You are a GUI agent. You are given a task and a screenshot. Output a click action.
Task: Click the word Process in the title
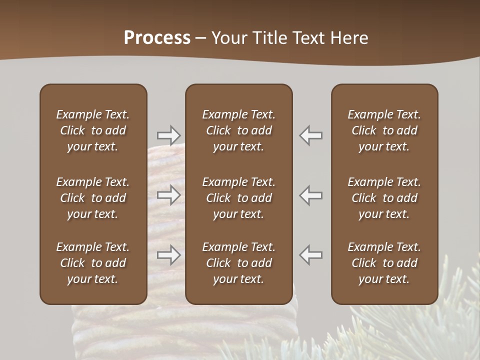coord(157,38)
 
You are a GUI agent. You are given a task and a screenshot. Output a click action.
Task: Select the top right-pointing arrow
coord(168,135)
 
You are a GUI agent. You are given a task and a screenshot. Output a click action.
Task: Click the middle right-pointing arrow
coord(168,195)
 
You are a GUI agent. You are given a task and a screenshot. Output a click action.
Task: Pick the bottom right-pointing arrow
coord(168,255)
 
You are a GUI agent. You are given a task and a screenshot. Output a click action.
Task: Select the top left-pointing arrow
coord(311,135)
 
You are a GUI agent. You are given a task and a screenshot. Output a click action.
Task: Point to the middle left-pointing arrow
coord(311,195)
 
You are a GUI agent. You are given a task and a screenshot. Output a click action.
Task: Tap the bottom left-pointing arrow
coord(311,255)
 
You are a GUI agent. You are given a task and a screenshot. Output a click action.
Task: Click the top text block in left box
coord(93,130)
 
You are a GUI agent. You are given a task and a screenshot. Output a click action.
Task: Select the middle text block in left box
coord(93,198)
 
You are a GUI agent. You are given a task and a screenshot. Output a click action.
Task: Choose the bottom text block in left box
coord(93,263)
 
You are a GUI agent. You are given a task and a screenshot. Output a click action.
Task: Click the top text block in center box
coord(238,130)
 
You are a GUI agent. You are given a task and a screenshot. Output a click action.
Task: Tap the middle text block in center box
coord(238,198)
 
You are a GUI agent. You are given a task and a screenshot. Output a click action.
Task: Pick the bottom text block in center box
coord(238,263)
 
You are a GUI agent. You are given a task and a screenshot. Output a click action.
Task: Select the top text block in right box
coord(384,130)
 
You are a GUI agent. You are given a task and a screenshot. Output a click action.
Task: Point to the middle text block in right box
coord(384,198)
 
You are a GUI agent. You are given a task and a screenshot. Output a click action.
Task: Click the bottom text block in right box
coord(384,263)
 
